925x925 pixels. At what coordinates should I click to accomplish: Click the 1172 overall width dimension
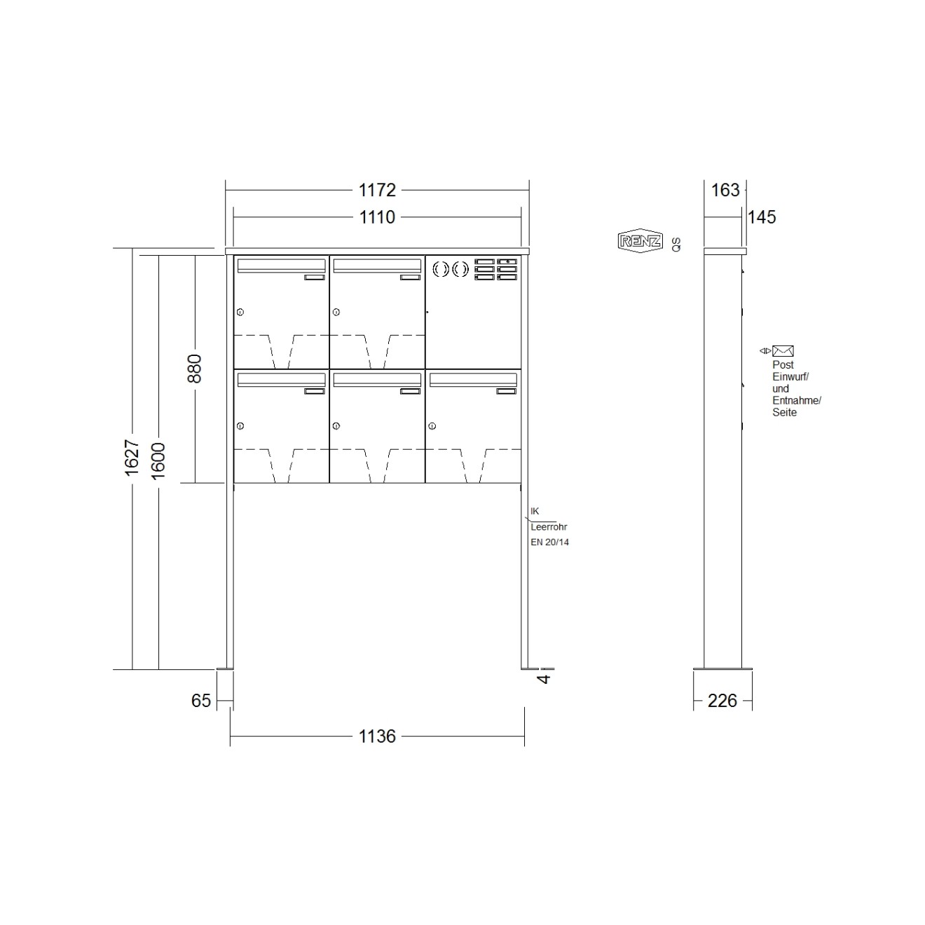pos(377,190)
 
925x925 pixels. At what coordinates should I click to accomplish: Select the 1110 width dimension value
pos(377,217)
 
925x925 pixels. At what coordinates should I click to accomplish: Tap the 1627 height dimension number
pos(132,458)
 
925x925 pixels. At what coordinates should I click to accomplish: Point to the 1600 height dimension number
pos(158,461)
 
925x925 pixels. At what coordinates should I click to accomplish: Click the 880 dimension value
pos(194,368)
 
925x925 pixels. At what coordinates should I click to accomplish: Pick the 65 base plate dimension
pos(200,700)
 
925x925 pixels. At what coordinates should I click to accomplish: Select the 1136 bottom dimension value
pos(377,736)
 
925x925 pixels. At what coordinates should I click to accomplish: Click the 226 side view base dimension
pos(722,700)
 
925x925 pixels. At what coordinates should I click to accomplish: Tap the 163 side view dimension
pos(725,190)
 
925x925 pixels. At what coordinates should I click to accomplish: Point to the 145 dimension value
pos(762,217)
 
